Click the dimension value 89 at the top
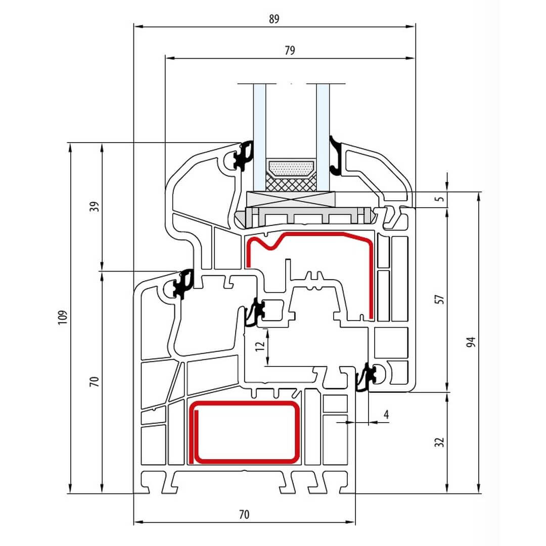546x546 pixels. [x=274, y=19]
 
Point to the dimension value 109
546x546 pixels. [x=63, y=317]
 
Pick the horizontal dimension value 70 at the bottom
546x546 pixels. [x=244, y=515]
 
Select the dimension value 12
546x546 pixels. [x=260, y=346]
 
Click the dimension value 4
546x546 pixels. [x=386, y=415]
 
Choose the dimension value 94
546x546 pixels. [x=471, y=342]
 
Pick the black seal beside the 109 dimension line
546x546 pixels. [x=183, y=284]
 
